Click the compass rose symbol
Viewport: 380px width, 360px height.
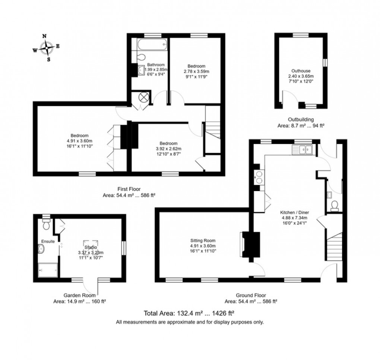click(46, 48)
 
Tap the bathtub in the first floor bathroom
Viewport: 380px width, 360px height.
click(152, 44)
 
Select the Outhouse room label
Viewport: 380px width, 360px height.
click(301, 71)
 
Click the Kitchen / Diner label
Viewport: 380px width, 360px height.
click(295, 212)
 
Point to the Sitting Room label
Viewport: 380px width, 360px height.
click(203, 241)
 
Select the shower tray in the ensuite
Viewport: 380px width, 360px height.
click(48, 270)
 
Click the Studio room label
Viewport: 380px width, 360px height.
click(90, 247)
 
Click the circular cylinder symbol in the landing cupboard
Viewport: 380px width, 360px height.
click(143, 97)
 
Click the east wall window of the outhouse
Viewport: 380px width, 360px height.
click(324, 62)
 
